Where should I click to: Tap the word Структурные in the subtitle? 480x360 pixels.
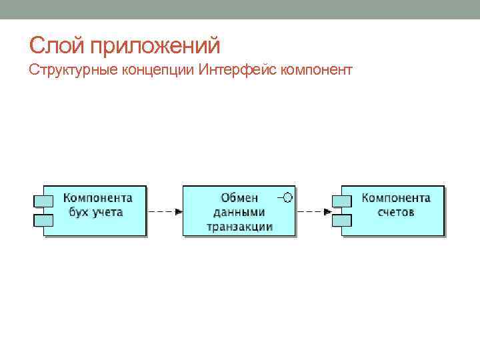pos(74,70)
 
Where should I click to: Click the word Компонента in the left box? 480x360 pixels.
pos(97,198)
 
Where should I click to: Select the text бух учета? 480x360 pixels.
pos(96,212)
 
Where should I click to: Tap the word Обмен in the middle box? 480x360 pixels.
pos(239,198)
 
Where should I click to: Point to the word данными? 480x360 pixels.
pos(239,212)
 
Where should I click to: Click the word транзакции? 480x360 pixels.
pos(239,226)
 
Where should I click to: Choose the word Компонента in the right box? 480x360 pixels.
pos(396,198)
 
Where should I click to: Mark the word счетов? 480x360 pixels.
pos(396,212)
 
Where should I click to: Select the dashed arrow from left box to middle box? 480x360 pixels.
pos(164,211)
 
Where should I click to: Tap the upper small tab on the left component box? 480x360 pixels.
pos(43,199)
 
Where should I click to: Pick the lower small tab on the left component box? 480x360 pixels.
pos(43,219)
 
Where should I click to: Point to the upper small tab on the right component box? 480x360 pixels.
pos(342,199)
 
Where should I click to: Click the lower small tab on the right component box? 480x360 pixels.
pos(342,219)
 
